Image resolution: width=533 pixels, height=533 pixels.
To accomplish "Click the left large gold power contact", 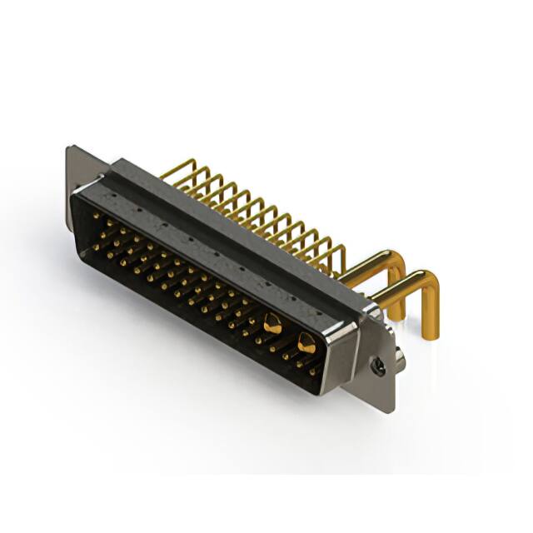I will click(x=271, y=323).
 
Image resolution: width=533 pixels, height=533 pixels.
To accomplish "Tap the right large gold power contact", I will click(x=306, y=341).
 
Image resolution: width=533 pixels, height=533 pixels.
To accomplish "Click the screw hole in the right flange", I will click(x=379, y=364).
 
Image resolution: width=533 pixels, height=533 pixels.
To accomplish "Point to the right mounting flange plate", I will click(x=380, y=358).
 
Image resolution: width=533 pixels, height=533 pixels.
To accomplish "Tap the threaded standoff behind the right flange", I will click(x=401, y=358).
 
